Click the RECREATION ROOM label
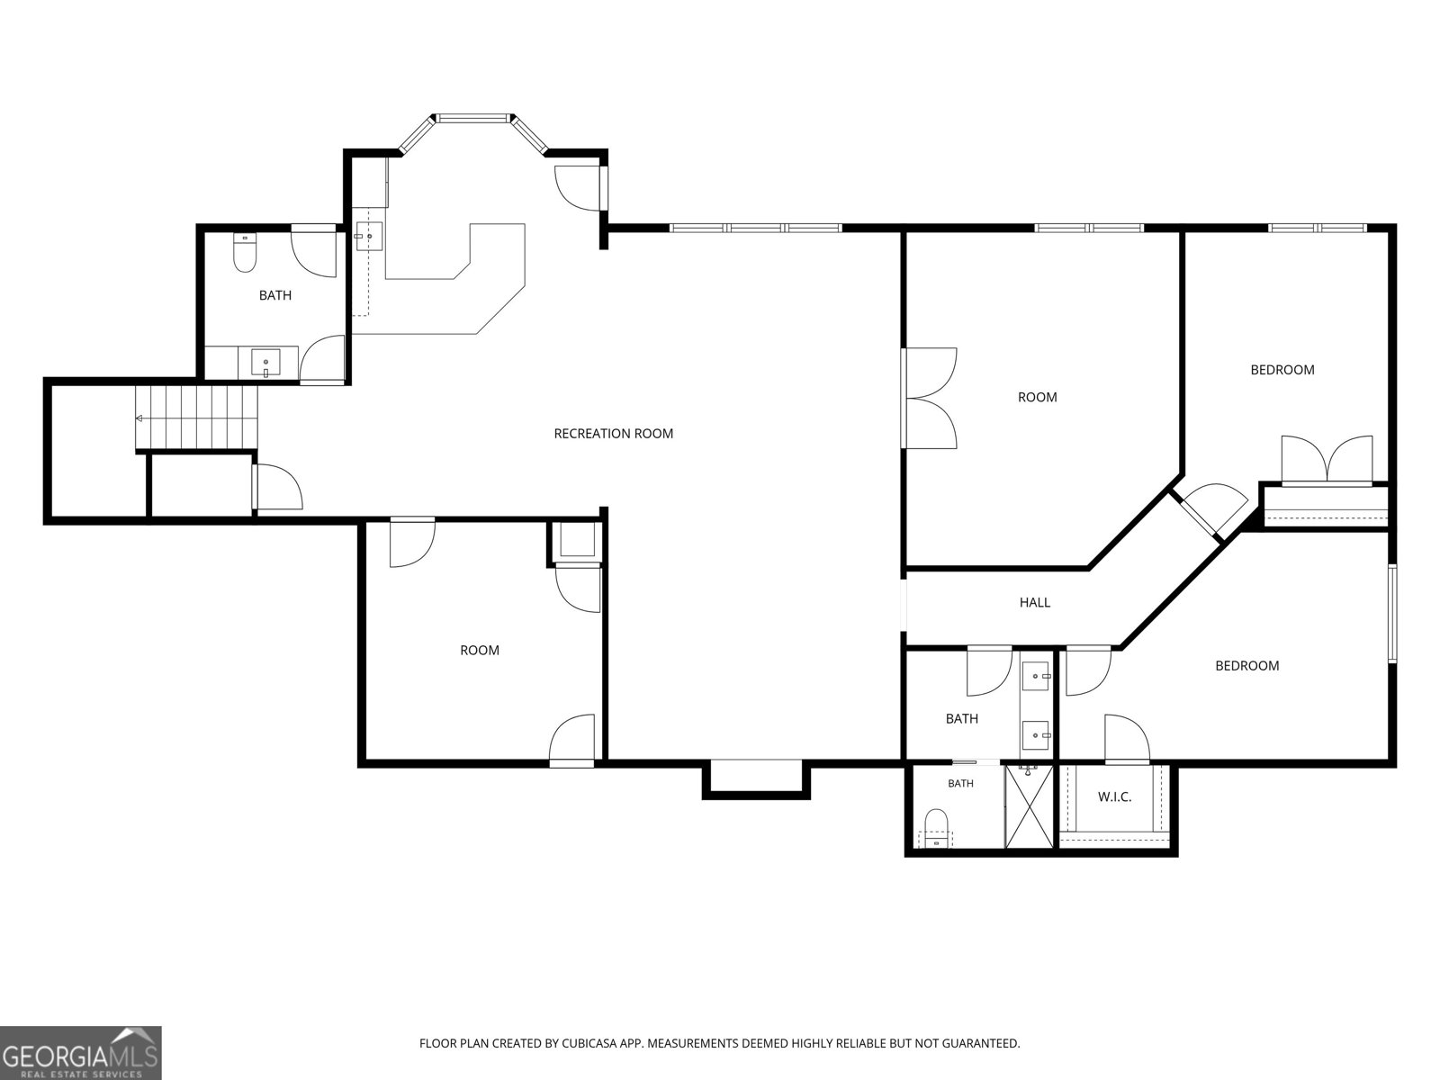coord(614,434)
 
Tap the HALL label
coord(1035,602)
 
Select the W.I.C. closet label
coord(1114,796)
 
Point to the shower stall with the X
coord(1029,805)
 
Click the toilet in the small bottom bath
coord(936,826)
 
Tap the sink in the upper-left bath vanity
coord(265,362)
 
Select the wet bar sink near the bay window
coord(368,236)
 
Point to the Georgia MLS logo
coord(80,1052)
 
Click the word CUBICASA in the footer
coord(589,1043)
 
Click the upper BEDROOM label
coord(1282,370)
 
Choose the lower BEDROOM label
coord(1246,666)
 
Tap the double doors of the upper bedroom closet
coord(1327,460)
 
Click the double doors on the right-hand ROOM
coord(929,398)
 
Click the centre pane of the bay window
coord(473,118)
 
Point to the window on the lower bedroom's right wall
coord(1391,613)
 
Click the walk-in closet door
coord(1127,739)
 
